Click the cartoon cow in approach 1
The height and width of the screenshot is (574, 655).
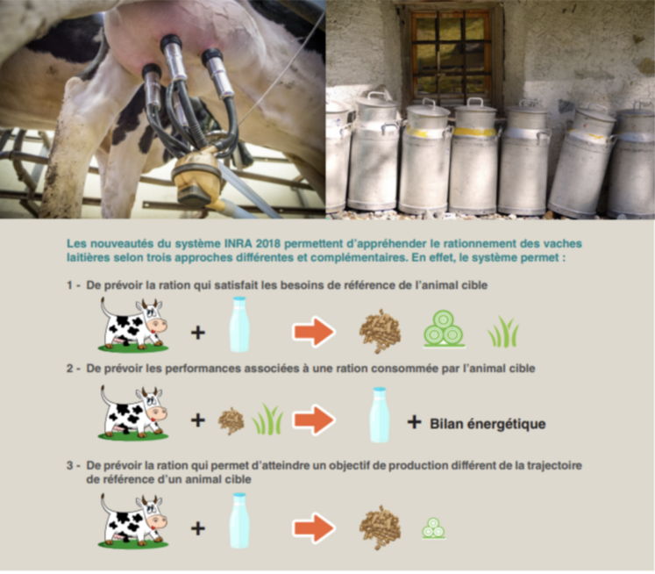click(133, 325)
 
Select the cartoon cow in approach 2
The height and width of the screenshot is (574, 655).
click(133, 413)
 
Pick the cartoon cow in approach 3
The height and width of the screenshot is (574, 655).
click(133, 521)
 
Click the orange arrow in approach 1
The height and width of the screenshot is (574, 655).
click(314, 332)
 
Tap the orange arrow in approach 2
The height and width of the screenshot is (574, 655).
click(314, 420)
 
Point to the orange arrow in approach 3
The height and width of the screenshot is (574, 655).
click(314, 528)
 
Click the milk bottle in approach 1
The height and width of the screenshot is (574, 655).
click(239, 325)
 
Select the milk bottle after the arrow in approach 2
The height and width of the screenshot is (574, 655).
click(380, 415)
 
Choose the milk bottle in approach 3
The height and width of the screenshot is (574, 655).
click(239, 520)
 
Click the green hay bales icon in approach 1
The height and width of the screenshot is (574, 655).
click(445, 328)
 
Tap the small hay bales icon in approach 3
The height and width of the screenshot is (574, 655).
click(434, 528)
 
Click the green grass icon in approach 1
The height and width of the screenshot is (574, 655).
click(503, 332)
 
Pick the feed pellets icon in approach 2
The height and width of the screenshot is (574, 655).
click(231, 421)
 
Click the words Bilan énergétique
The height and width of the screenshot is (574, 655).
click(488, 424)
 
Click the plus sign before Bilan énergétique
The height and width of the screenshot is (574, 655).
click(414, 422)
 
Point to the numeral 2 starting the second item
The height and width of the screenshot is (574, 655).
click(70, 369)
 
